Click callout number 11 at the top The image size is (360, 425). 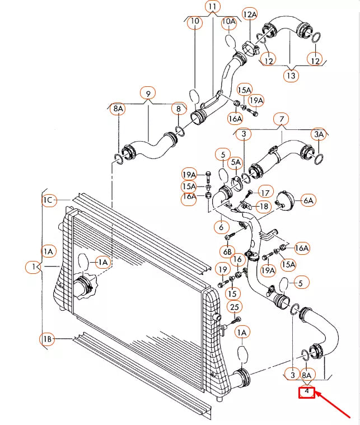(x=213, y=7)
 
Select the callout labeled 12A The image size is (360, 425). (x=250, y=15)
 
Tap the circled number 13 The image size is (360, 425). (x=291, y=75)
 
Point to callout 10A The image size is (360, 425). (x=229, y=22)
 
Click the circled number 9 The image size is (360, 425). (x=148, y=94)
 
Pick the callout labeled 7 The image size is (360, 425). (x=282, y=119)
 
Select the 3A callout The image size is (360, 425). (x=319, y=134)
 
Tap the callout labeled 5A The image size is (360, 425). (x=236, y=162)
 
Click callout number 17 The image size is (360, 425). (x=265, y=193)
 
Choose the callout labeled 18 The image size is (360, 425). (x=264, y=207)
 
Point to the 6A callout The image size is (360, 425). (x=308, y=200)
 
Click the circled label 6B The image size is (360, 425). (x=227, y=252)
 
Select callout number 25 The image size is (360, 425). (x=235, y=307)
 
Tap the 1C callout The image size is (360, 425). (x=48, y=200)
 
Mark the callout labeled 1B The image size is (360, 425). (x=47, y=339)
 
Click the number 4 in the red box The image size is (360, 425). (x=307, y=391)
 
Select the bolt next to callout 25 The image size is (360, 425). (x=235, y=321)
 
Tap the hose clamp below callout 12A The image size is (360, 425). (x=250, y=48)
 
